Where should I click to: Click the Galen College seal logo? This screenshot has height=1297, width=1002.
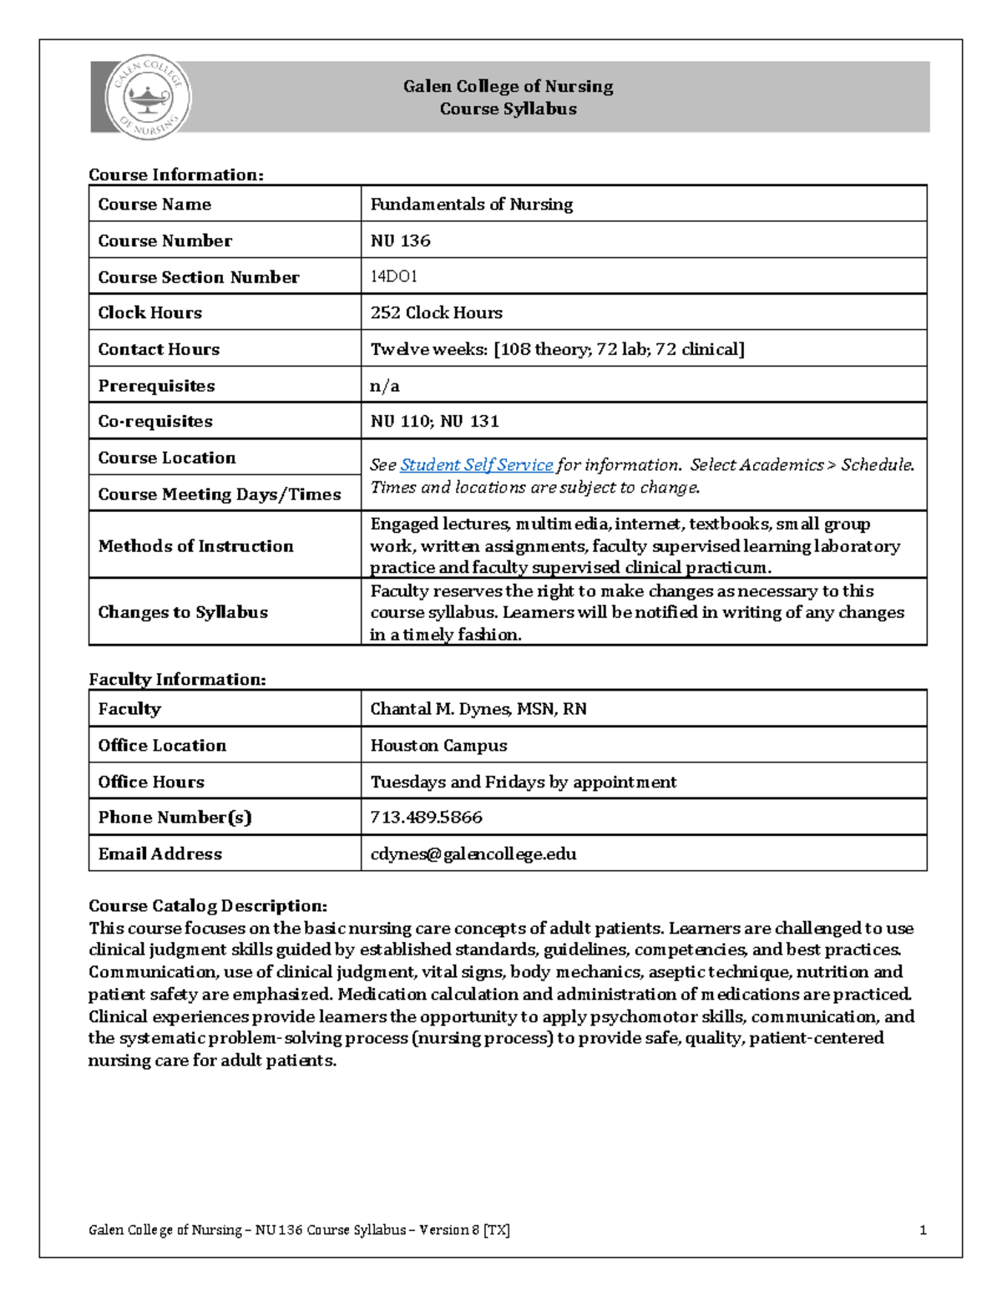pos(148,98)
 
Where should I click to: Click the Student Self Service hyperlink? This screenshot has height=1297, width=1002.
pos(476,465)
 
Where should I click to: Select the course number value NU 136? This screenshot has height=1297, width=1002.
pos(401,241)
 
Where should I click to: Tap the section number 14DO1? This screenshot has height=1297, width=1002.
pos(394,276)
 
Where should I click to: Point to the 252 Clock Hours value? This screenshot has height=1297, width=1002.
pos(436,312)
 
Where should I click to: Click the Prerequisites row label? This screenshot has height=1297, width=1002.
pos(156,386)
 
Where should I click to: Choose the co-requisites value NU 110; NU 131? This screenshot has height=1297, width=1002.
pos(434,421)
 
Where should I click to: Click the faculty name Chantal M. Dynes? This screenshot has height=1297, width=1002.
pos(478,709)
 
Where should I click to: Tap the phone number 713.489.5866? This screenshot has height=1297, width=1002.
pos(426,817)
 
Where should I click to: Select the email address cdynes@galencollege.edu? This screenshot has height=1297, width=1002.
pos(473,854)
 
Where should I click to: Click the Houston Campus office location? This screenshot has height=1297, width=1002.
pos(438,745)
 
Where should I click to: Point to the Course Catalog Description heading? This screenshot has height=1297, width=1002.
pos(208,905)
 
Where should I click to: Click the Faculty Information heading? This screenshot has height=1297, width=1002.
pos(177,679)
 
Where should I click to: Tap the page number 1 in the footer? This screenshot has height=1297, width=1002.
pos(923,1229)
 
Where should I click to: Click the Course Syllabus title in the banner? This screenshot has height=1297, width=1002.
pos(508,109)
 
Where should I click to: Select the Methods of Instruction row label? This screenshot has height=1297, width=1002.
pos(195,545)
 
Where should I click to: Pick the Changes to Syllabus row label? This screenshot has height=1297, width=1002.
pos(183,612)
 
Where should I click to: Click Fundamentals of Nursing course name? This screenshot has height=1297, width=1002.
pos(471,204)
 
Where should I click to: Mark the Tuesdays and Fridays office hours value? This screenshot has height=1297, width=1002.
pos(523,782)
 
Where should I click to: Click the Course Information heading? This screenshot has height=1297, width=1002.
pos(175,175)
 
